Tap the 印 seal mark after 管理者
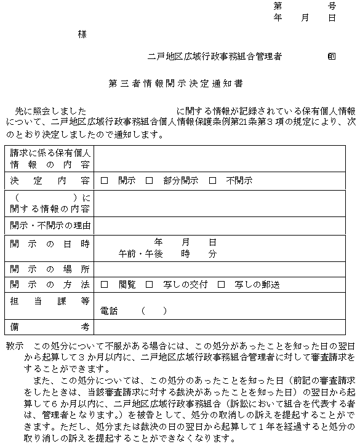point(332,56)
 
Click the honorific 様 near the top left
point(82,34)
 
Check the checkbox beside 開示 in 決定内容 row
point(104,181)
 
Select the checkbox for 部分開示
point(149,181)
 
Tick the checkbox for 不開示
point(212,181)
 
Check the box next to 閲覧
point(104,285)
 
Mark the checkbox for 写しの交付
point(149,285)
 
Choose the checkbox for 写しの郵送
point(221,285)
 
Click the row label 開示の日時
point(49,244)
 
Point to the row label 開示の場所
point(49,269)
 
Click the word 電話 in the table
point(108,311)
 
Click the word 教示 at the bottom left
point(14,346)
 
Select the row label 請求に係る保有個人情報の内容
point(49,159)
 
